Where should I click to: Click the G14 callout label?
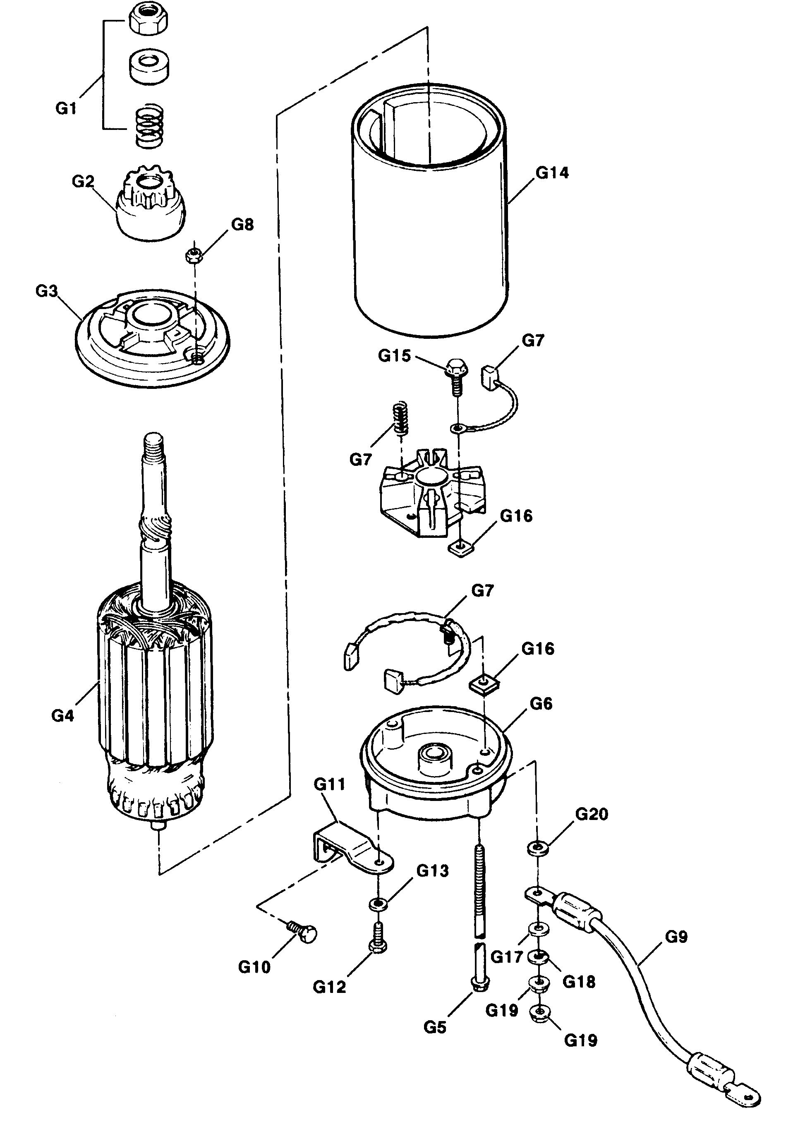pos(552,173)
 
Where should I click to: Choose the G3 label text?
pos(46,291)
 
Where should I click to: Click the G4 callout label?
pos(62,715)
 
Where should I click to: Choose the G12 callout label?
pos(329,987)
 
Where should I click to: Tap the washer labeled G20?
pos(537,847)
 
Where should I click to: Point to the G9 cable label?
pos(676,937)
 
